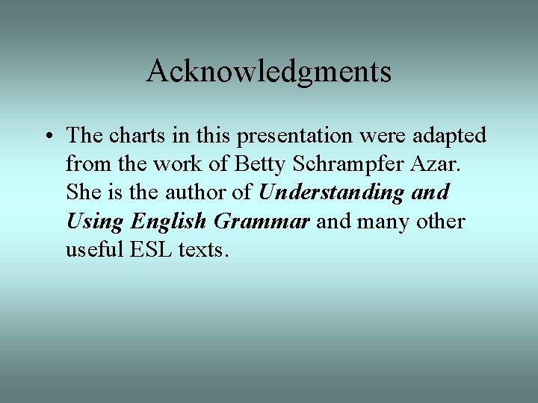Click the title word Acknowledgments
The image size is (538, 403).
269,72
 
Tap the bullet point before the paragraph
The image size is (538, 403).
48,137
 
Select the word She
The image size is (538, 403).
83,193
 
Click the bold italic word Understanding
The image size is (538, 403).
331,193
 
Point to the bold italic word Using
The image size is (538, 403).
95,222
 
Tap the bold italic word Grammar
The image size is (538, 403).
261,222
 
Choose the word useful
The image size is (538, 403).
93,249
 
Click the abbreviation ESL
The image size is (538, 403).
150,249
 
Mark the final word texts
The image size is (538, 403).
202,250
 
